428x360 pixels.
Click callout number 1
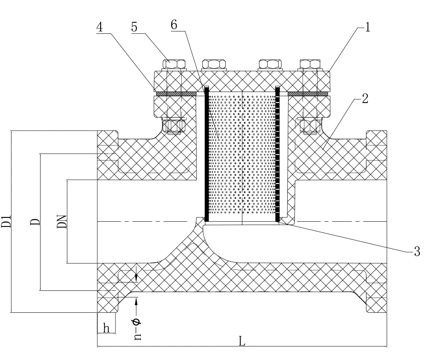pyautogui.click(x=367, y=27)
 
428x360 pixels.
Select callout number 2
pyautogui.click(x=365, y=98)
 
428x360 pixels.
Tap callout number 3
pyautogui.click(x=417, y=251)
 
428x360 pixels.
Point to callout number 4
pyautogui.click(x=100, y=27)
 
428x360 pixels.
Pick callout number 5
pyautogui.click(x=134, y=27)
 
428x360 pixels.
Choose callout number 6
pyautogui.click(x=174, y=25)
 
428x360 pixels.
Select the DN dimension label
pyautogui.click(x=62, y=221)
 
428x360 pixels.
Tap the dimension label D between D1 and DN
pyautogui.click(x=35, y=221)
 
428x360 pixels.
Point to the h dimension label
pyautogui.click(x=106, y=328)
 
